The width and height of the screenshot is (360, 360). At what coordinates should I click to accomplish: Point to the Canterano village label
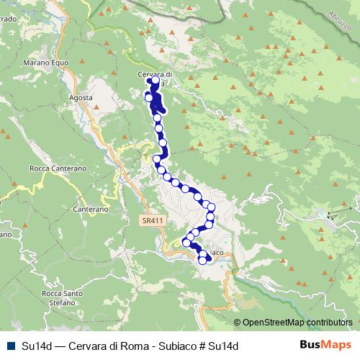click(x=90, y=210)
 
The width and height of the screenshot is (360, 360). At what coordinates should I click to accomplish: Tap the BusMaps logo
click(x=326, y=345)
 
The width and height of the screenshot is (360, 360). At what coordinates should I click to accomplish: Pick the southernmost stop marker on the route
click(x=202, y=260)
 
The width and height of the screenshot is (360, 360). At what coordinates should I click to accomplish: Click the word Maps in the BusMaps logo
click(x=338, y=345)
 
